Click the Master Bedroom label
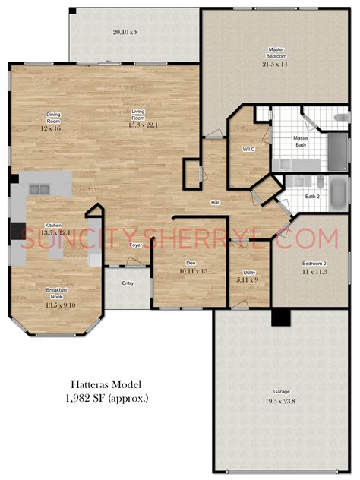click(x=276, y=53)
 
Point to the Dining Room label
click(x=53, y=117)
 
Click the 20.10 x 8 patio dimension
click(x=125, y=33)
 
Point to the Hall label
click(x=215, y=203)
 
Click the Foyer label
click(x=134, y=245)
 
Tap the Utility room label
click(x=249, y=273)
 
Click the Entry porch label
click(x=128, y=284)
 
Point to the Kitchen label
click(x=53, y=226)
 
